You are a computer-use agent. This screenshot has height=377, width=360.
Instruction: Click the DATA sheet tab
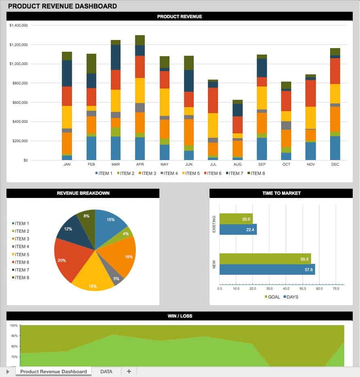tap(106, 371)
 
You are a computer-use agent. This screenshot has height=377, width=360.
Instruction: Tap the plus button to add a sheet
tap(129, 371)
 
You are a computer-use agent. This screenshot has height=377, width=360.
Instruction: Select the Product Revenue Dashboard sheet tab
tap(53, 371)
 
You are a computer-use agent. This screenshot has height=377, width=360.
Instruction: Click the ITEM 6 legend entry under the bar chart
tap(214, 173)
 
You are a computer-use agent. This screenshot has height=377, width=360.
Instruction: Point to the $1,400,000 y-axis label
tap(18, 25)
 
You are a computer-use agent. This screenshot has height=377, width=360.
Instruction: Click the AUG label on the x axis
tap(237, 165)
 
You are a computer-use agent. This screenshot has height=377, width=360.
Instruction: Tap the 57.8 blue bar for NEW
tap(267, 270)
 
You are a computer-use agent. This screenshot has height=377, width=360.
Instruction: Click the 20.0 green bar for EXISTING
tap(236, 219)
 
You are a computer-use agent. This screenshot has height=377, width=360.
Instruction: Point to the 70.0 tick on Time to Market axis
tap(336, 289)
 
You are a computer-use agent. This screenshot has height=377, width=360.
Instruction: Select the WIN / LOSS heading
tap(180, 316)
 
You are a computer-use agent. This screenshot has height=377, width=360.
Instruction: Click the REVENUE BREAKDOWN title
tap(83, 193)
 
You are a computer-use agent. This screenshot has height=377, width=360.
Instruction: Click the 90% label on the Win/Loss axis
tap(14, 336)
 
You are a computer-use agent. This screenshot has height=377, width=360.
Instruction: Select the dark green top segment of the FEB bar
tap(91, 63)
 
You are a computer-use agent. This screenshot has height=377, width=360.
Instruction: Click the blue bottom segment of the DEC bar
tap(335, 148)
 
